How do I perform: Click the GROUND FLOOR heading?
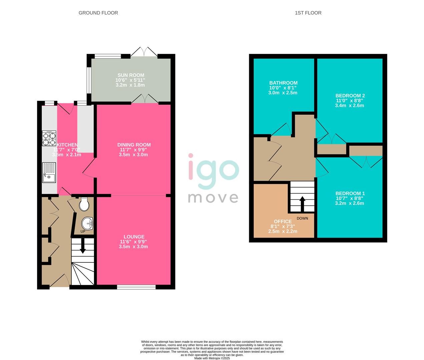[98, 13]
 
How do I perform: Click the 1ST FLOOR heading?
[308, 13]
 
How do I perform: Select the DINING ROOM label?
[134, 145]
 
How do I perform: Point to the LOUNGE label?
[134, 237]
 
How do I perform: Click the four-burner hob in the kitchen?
[49, 138]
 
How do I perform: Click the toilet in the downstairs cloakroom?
[84, 204]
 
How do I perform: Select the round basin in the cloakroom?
[87, 222]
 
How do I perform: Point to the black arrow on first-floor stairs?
[302, 203]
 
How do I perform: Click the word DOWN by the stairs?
[302, 218]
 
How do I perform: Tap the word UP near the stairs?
[82, 231]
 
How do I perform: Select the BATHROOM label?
[283, 83]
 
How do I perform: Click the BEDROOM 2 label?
[349, 96]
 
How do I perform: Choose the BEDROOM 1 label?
[350, 193]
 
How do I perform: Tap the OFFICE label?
[283, 221]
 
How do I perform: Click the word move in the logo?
[213, 197]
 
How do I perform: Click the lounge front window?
[136, 287]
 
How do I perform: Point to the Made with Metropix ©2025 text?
[212, 358]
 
